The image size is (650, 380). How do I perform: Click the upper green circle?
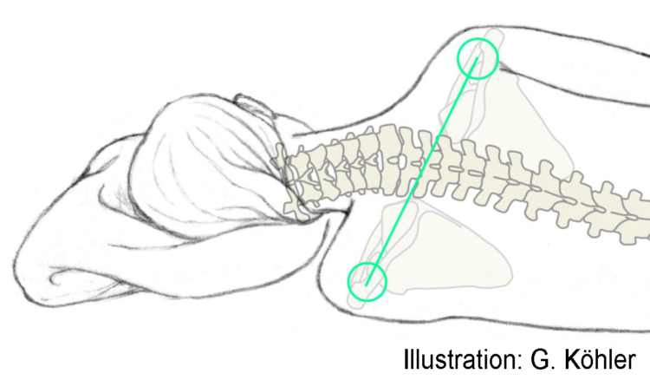(x=478, y=38)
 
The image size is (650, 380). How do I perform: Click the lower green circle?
(x=367, y=262)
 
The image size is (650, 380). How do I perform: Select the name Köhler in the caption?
(x=600, y=359)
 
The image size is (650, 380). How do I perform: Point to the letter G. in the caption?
(x=543, y=359)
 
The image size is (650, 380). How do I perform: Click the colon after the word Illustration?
(x=516, y=362)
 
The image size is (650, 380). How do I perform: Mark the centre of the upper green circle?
(x=478, y=58)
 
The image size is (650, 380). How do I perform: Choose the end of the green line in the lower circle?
(x=366, y=285)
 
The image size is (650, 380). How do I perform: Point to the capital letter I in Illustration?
(x=406, y=359)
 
